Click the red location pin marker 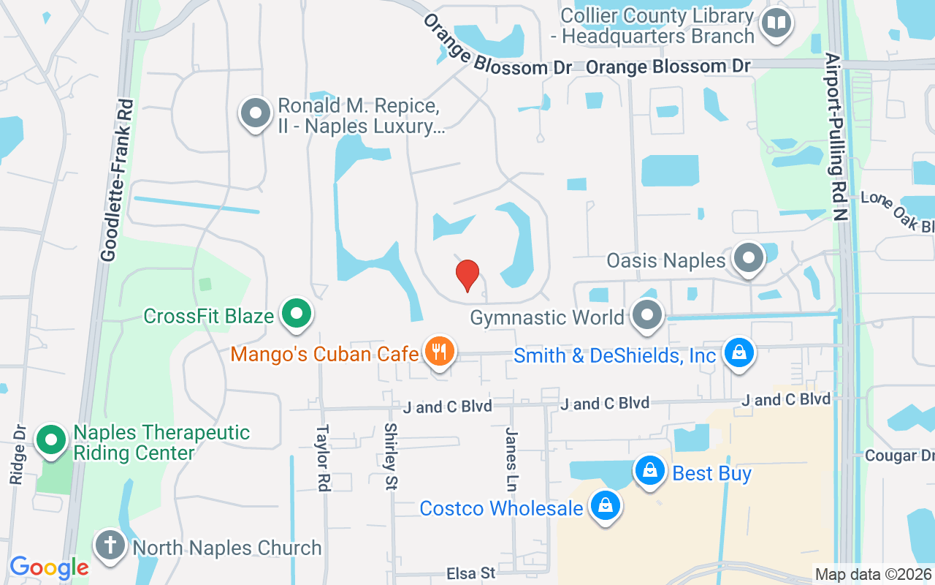click(x=467, y=275)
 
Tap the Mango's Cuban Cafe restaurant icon click(x=438, y=352)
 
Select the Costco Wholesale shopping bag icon click(x=606, y=506)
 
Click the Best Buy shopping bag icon click(x=649, y=471)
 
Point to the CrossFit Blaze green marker click(x=297, y=314)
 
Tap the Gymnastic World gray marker click(x=646, y=316)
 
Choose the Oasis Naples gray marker click(x=748, y=259)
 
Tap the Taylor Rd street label click(x=321, y=458)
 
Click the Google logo click(x=49, y=567)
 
